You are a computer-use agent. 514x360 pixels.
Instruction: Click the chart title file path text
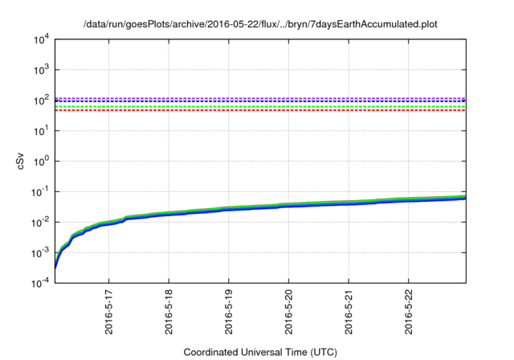click(x=260, y=25)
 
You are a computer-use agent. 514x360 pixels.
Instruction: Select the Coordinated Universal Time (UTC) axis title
click(x=260, y=352)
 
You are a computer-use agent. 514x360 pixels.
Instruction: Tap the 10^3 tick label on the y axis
click(x=42, y=70)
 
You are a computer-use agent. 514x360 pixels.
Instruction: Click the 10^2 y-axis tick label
click(x=42, y=100)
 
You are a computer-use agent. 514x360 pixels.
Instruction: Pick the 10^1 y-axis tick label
click(x=42, y=131)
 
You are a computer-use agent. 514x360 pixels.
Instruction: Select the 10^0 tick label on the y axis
click(x=42, y=162)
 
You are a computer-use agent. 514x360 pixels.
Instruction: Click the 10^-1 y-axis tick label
click(x=42, y=192)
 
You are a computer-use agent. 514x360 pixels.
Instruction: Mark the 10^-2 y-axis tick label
click(x=42, y=223)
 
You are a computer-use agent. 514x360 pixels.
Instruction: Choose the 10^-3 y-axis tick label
click(x=42, y=253)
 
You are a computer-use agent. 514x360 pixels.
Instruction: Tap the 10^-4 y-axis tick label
click(x=42, y=284)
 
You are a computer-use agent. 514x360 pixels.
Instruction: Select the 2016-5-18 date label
click(x=169, y=315)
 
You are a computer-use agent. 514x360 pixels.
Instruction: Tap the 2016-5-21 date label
click(x=349, y=315)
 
